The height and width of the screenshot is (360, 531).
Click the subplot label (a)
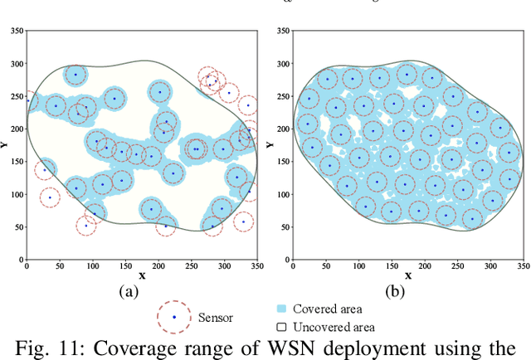pos(128,290)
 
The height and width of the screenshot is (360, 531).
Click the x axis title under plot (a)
pos(142,275)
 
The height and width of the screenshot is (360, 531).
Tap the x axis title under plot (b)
pos(407,275)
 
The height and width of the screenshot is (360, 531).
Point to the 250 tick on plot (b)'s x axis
pos(457,265)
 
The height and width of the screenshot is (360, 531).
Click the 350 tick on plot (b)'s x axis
pos(523,265)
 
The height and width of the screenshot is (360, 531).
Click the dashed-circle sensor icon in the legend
pos(173,316)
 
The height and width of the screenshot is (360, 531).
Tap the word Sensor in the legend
pos(215,317)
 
